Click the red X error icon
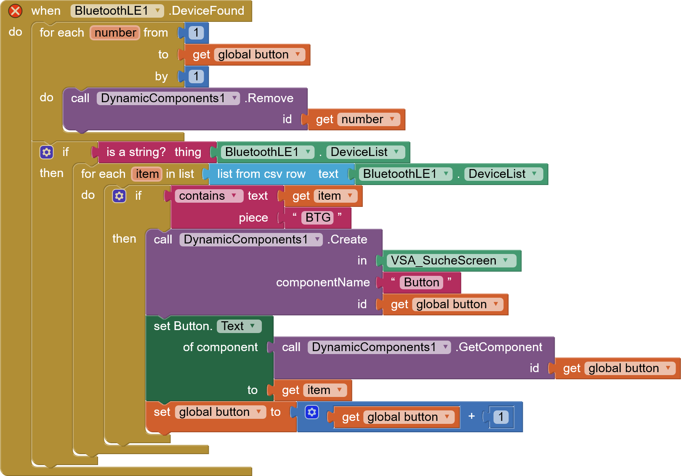coord(15,11)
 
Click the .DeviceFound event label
coord(207,11)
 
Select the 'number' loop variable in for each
coord(115,33)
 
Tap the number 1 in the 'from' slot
coord(196,33)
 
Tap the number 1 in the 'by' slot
coord(196,77)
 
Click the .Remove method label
coord(269,98)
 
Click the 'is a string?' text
coord(136,152)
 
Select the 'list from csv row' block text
coord(261,174)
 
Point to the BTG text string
coord(318,218)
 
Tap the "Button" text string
coord(421,283)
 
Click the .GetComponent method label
coord(499,347)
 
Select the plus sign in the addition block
coord(471,416)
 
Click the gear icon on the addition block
coord(312,412)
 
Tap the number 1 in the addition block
coord(501,417)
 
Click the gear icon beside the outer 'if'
coord(47,152)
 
